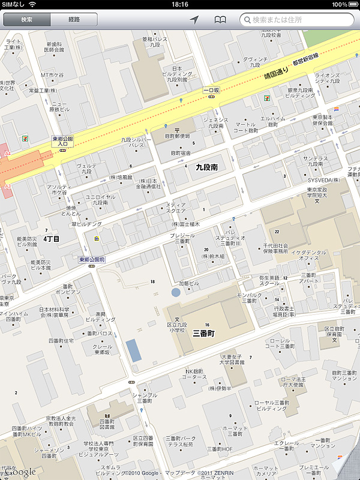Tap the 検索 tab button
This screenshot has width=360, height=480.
pyautogui.click(x=26, y=20)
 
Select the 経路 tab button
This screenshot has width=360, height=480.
pyautogui.click(x=74, y=20)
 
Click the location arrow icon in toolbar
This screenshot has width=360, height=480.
pyautogui.click(x=194, y=20)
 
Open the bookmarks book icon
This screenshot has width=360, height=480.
pyautogui.click(x=221, y=20)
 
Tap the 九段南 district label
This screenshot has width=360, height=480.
pyautogui.click(x=209, y=169)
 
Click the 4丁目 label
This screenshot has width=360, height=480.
pyautogui.click(x=52, y=239)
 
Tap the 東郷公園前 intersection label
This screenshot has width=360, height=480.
pyautogui.click(x=92, y=259)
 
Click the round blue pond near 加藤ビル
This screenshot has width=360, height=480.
pyautogui.click(x=175, y=293)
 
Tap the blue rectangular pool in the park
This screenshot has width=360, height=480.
pyautogui.click(x=134, y=349)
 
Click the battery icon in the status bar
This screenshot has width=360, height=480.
pyautogui.click(x=352, y=4)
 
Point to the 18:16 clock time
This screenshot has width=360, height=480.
pyautogui.click(x=180, y=4)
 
